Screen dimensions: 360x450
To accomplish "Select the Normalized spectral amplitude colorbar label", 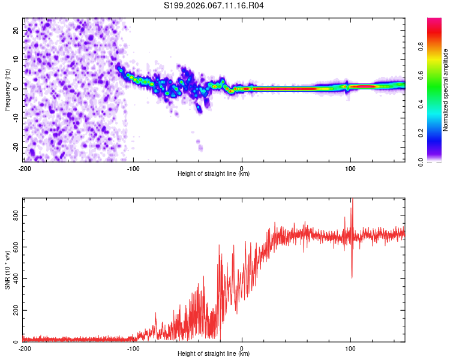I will [446, 90].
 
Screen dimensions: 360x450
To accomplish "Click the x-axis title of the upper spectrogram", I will [214, 173].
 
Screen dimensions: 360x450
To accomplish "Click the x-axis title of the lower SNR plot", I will [214, 353].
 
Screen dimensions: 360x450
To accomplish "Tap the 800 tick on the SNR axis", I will [14, 215].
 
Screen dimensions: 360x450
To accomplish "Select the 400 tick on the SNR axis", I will [14, 278].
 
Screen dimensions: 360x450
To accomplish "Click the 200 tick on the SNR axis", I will [14, 310].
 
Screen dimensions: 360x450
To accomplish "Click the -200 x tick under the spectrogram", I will [25, 169].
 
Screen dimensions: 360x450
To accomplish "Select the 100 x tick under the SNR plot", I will [350, 348].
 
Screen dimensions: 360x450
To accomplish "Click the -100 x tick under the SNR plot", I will [133, 348].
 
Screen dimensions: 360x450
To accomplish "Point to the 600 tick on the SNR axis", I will [14, 247].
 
